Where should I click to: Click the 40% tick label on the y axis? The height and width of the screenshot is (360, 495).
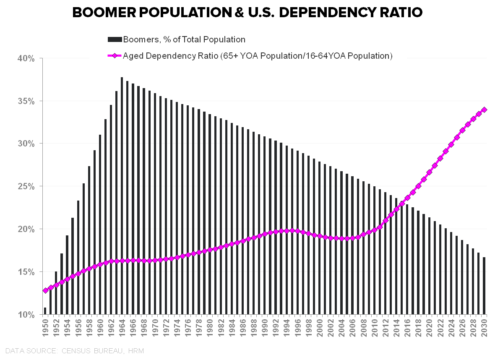(26, 58)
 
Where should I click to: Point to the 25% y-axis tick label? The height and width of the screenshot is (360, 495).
(26, 186)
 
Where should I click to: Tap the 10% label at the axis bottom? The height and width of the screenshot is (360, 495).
(26, 315)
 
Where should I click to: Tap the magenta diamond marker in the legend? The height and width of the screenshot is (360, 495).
(115, 56)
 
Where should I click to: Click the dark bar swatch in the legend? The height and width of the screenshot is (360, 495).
(115, 39)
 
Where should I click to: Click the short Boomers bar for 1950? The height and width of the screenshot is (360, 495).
(45, 311)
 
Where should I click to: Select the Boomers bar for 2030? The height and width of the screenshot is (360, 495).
(484, 285)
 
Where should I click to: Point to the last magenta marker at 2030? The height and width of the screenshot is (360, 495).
(484, 110)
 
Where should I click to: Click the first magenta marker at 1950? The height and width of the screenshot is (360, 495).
(45, 290)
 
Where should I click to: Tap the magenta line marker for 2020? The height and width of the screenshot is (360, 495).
(429, 172)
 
